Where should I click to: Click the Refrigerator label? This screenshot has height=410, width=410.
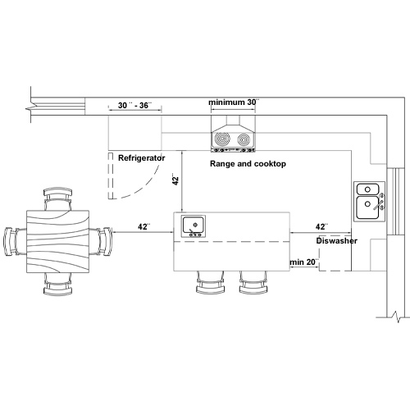[141, 158]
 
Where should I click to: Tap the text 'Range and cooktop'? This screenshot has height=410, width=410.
[248, 164]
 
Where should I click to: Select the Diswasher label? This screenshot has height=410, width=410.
[336, 241]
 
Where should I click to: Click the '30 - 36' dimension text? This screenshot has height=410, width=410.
[134, 105]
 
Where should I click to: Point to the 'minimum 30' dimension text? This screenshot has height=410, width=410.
[234, 102]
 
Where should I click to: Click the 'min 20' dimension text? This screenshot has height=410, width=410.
[304, 262]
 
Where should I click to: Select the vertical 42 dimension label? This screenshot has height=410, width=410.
[175, 179]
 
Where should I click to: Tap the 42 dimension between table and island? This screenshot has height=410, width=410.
[143, 227]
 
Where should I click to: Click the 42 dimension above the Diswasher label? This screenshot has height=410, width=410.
[321, 226]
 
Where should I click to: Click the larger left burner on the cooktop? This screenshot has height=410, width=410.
[222, 139]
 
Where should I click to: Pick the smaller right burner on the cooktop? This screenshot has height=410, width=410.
[244, 139]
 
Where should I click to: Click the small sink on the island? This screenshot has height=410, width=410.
[194, 226]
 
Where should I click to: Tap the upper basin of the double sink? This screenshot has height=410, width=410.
[367, 189]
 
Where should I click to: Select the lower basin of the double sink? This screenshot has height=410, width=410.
[367, 207]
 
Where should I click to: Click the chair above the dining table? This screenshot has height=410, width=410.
[58, 198]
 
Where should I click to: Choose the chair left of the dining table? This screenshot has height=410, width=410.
[15, 242]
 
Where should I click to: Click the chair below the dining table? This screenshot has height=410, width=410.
[58, 285]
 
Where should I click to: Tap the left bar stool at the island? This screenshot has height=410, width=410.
[211, 283]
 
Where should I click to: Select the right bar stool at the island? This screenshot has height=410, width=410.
[253, 283]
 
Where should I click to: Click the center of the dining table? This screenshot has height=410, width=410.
[58, 242]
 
